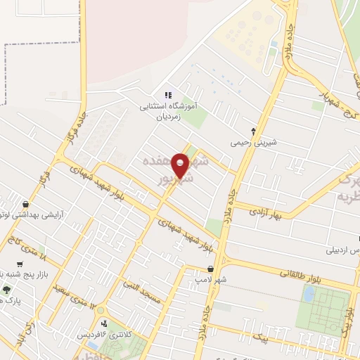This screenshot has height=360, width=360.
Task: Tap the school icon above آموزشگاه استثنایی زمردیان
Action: [167, 95]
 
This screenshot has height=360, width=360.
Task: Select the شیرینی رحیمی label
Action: [254, 142]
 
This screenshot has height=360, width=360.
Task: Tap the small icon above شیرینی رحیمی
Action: [254, 131]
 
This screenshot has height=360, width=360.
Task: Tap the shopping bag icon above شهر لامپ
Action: [210, 268]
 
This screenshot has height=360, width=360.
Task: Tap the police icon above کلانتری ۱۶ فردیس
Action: [105, 323]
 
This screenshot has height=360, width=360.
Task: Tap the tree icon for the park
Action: [7, 289]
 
